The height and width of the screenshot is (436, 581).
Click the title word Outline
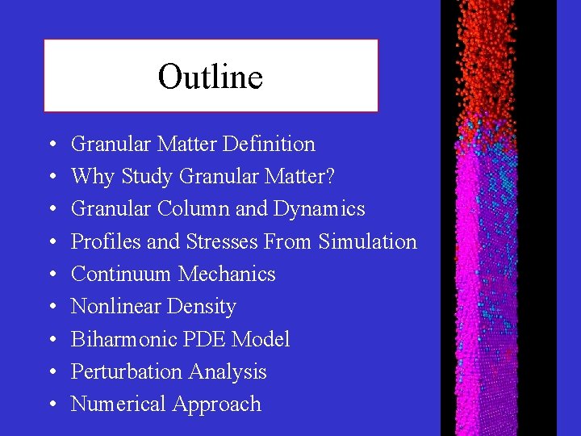tap(211, 78)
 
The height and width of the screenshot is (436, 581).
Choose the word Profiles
tap(103, 241)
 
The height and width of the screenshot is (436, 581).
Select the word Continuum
tap(121, 275)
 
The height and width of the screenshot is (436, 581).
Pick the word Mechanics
tap(227, 275)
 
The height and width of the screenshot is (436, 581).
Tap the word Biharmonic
tap(123, 339)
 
